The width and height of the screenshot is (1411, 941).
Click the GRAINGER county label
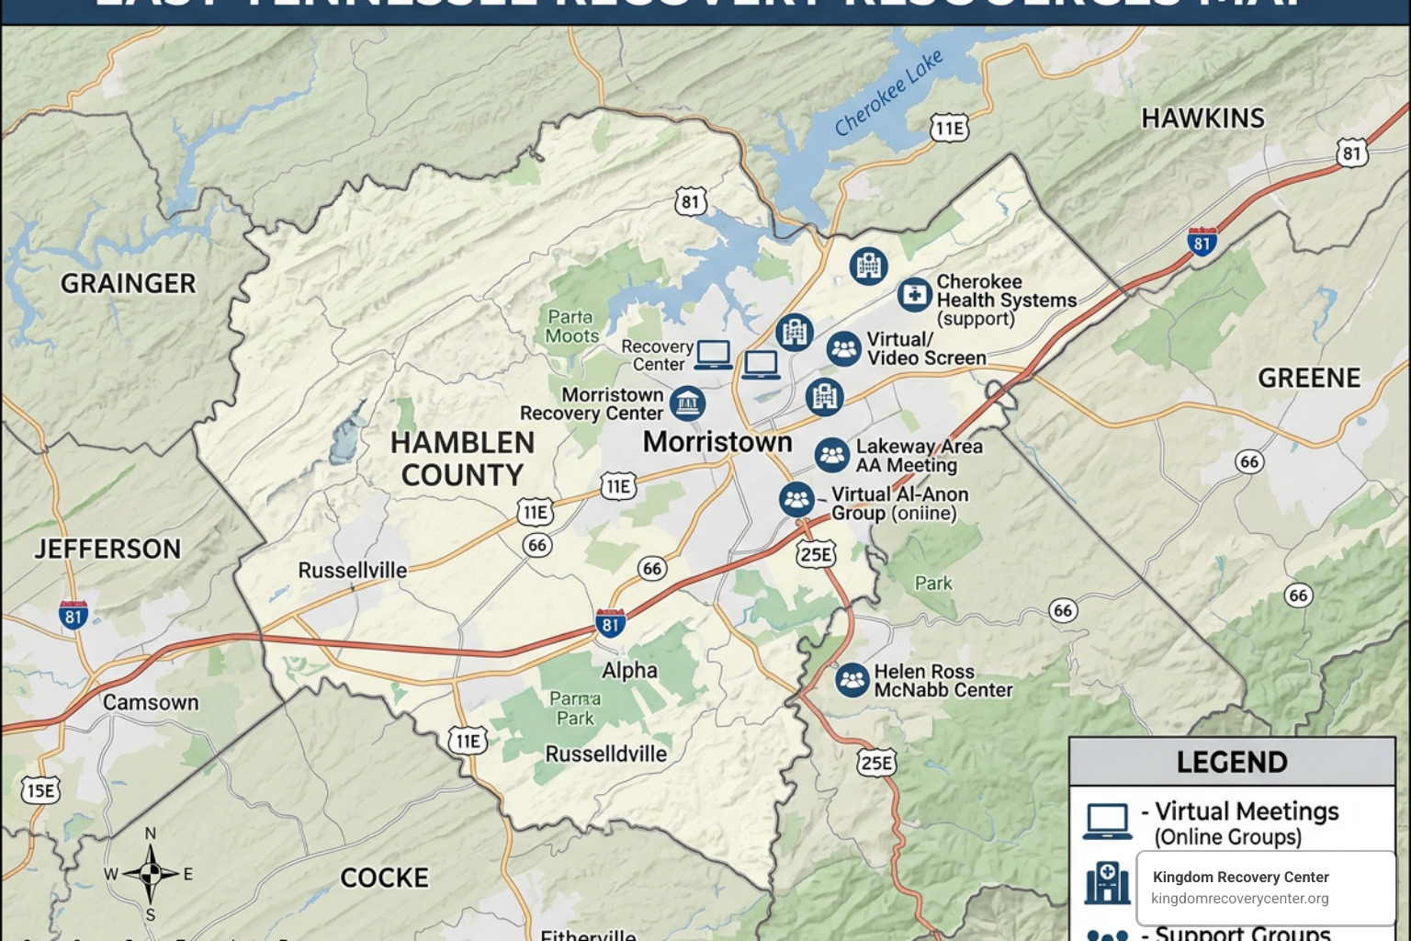coord(128,284)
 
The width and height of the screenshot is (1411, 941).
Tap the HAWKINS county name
coord(1202,119)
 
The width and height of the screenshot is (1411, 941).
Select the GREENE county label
coord(1308,379)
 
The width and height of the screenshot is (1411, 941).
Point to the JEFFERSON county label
coord(107,550)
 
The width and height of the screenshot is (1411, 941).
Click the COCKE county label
coord(384,879)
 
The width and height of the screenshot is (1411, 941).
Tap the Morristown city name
coord(717,442)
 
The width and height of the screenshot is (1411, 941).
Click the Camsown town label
coord(151,703)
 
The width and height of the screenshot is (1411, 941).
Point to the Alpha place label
coord(629,671)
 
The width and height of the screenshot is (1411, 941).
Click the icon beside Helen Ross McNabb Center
coord(852,680)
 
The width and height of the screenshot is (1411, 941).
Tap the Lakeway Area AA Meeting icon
coord(831,455)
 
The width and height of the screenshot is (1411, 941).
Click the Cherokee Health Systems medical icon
coord(914,295)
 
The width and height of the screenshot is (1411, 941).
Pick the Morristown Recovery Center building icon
coord(687,402)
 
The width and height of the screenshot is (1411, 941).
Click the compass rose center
coord(151,873)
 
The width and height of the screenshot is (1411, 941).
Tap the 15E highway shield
coord(40,791)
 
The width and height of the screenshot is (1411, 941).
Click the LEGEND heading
coord(1231,763)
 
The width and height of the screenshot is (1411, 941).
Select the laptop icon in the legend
coord(1107,821)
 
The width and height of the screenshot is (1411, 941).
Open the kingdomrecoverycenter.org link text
coord(1239,899)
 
